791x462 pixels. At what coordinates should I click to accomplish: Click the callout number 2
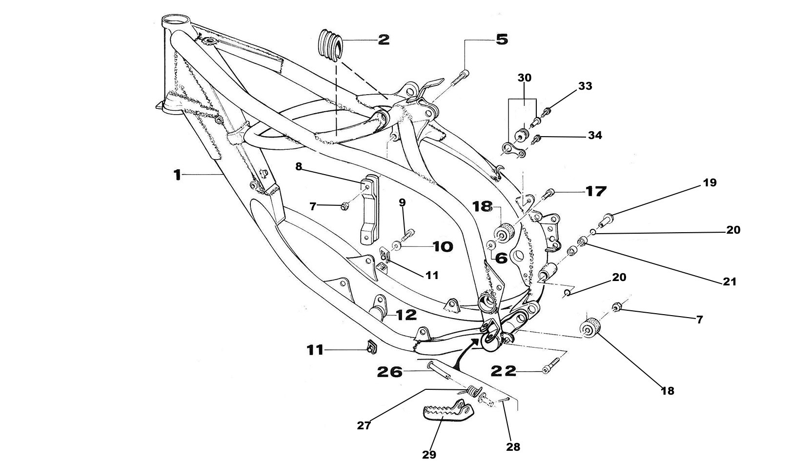[384, 40]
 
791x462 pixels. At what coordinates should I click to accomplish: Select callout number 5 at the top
[502, 39]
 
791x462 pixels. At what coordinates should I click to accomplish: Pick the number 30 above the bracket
[525, 78]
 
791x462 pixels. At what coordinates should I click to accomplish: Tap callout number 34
[595, 135]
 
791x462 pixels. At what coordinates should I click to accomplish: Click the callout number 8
[299, 166]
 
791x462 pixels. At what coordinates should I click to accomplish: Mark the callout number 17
[595, 191]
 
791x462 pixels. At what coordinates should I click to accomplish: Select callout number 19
[710, 183]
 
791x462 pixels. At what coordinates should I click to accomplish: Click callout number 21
[730, 281]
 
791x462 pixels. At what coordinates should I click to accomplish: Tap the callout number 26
[389, 372]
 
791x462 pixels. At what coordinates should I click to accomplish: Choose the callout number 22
[504, 372]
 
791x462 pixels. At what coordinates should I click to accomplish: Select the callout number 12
[406, 315]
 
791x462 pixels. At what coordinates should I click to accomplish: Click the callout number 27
[364, 425]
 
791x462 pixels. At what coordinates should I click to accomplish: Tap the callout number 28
[513, 446]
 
